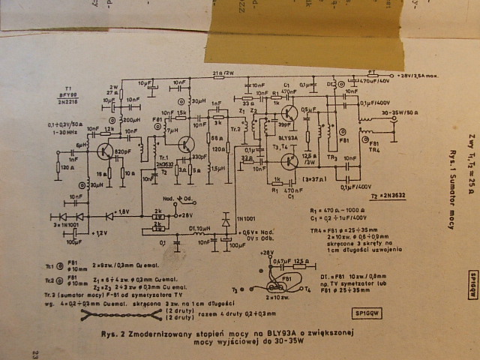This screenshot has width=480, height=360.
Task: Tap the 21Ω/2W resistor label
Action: click(223, 73)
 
